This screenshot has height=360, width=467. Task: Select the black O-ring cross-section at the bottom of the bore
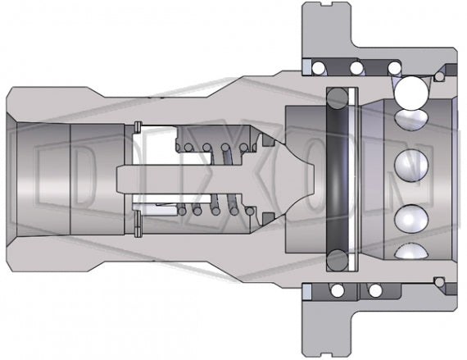336,260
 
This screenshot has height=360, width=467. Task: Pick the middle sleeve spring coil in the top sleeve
358,66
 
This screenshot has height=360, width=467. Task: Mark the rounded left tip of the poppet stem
121,177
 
